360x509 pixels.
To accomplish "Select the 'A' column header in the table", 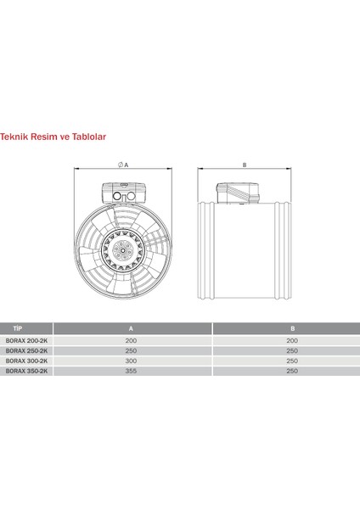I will pos(130,327).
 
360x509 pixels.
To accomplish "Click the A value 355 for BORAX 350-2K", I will pos(130,372).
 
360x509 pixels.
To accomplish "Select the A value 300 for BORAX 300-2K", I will pos(130,361).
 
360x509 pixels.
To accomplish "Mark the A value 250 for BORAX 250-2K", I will pos(130,350).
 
